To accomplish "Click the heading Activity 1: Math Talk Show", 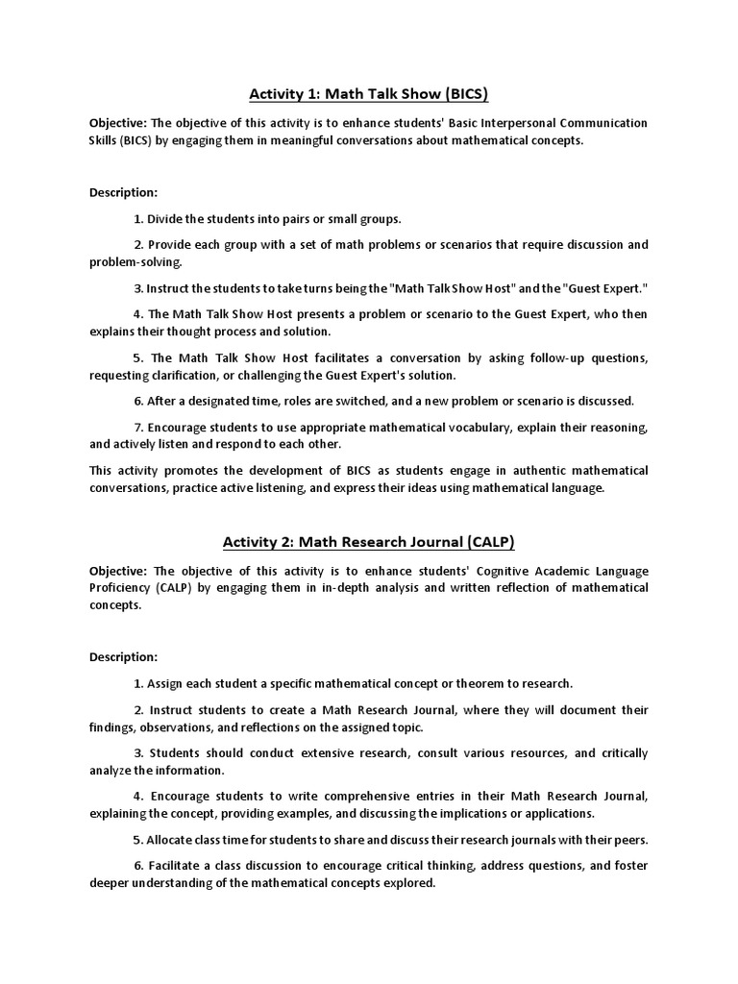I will (369, 94).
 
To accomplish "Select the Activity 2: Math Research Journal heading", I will (369, 543).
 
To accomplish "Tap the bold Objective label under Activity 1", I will (118, 124).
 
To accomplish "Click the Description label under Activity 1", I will (123, 193).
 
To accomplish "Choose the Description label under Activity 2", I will (123, 657).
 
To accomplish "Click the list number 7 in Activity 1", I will (138, 427).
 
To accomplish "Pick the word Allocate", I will (172, 838).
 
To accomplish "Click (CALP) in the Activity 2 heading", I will (486, 543).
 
